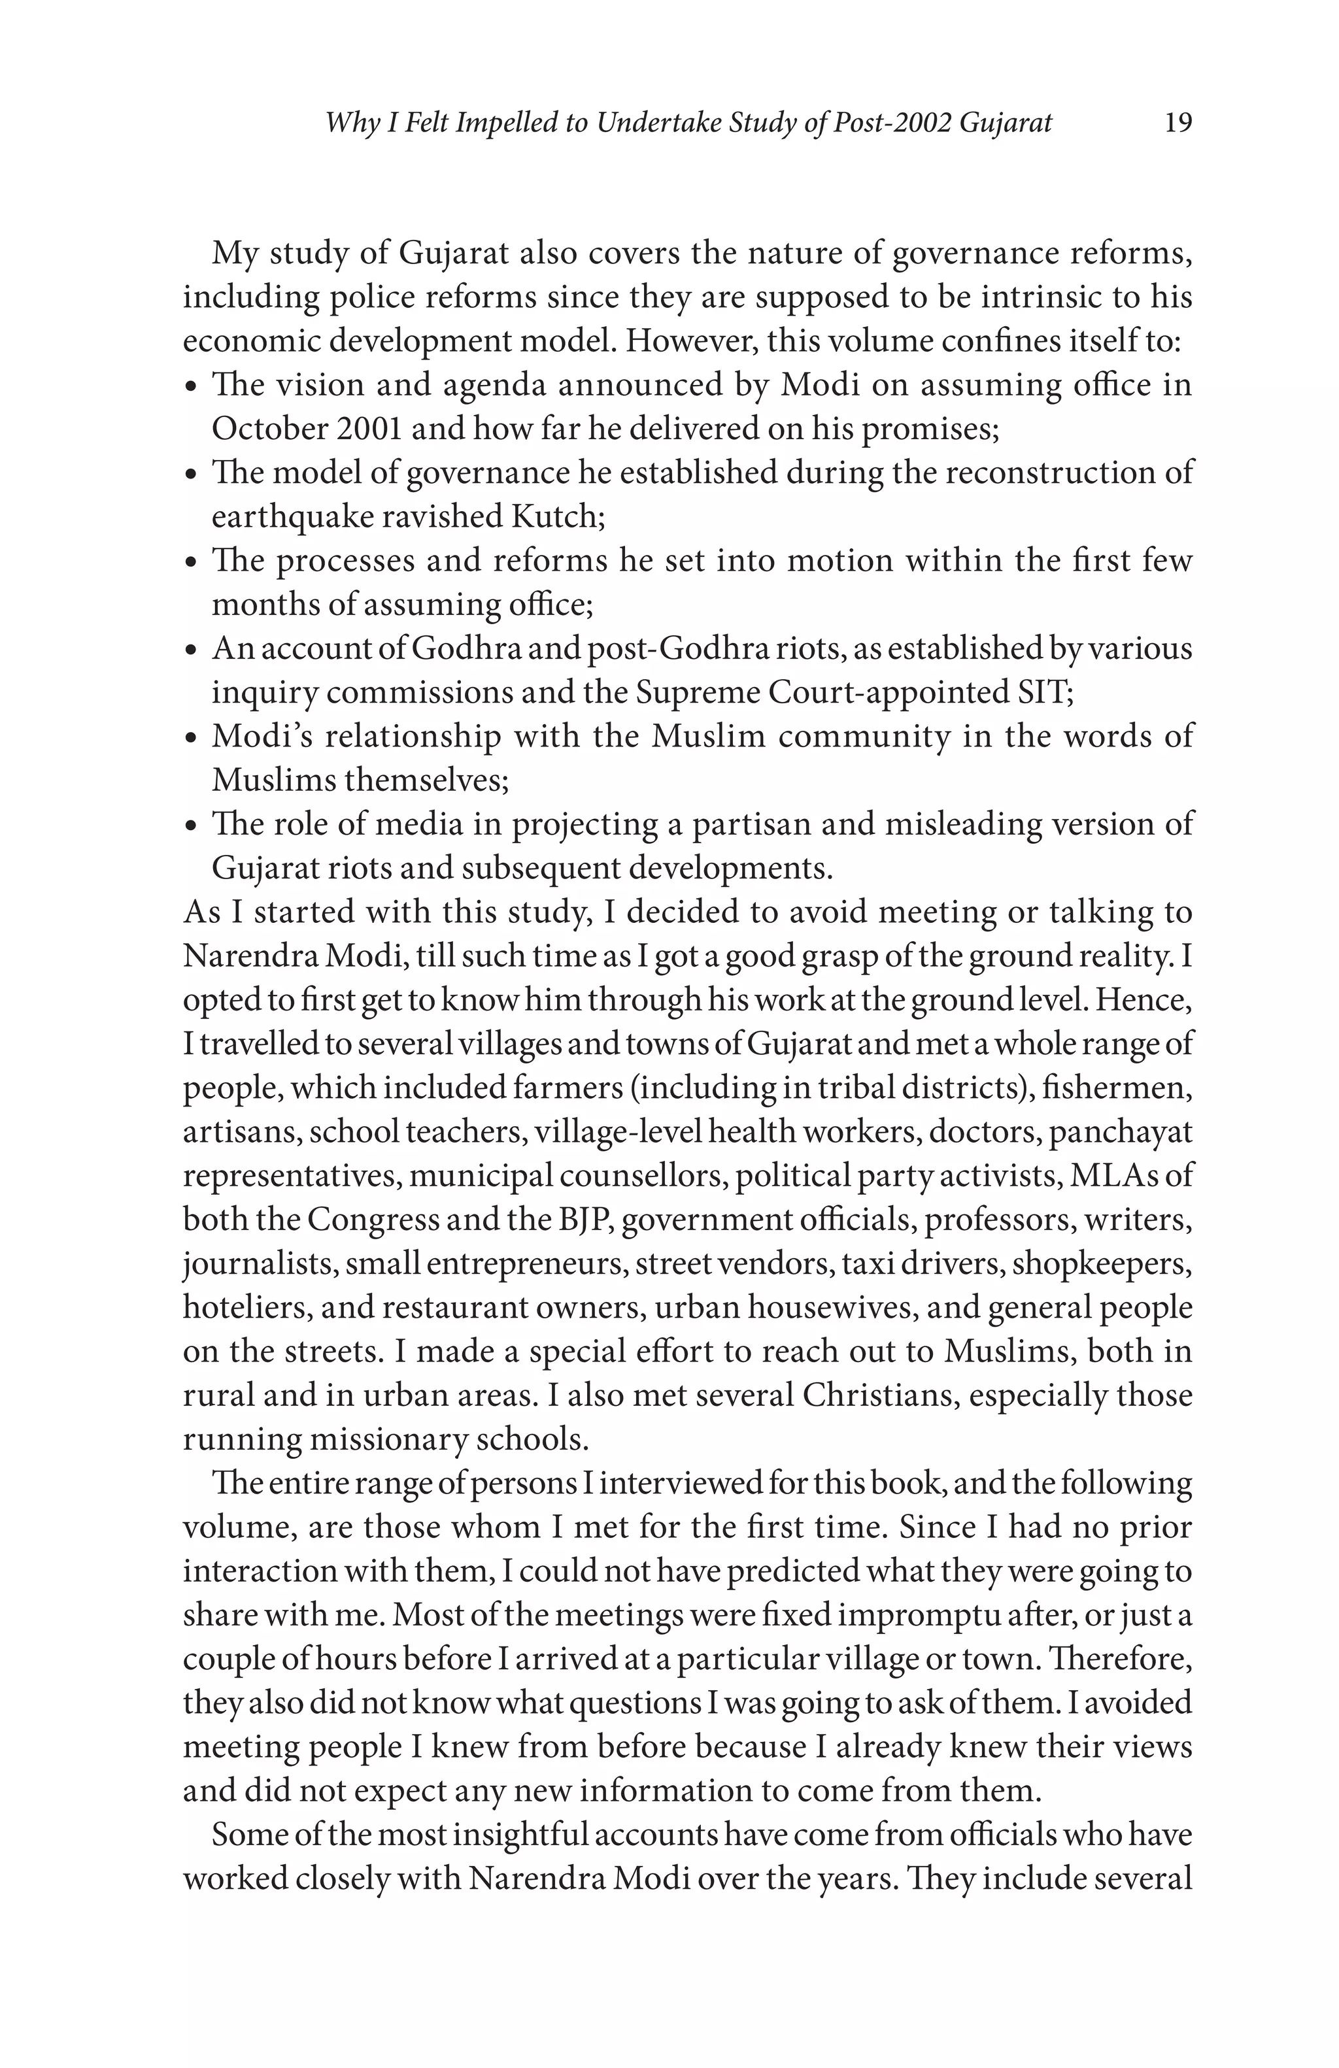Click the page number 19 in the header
pyautogui.click(x=1178, y=122)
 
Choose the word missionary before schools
pyautogui.click(x=389, y=1439)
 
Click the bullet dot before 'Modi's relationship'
pyautogui.click(x=193, y=739)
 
